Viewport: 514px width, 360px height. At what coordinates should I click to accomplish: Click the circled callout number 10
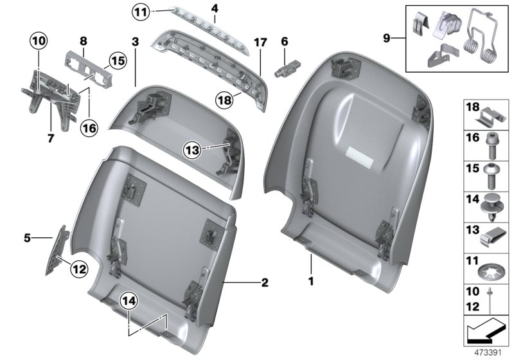point(39,42)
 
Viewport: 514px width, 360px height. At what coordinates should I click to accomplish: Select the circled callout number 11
point(141,10)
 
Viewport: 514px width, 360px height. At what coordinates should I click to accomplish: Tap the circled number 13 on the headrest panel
point(191,149)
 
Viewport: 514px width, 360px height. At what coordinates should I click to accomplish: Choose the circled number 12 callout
point(78,270)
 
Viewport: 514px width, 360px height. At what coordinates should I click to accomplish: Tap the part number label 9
point(387,39)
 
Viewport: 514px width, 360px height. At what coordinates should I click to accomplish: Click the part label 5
point(27,239)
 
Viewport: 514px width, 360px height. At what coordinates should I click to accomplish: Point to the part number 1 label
point(312,281)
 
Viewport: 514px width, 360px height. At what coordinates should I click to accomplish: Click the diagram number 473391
point(488,353)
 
